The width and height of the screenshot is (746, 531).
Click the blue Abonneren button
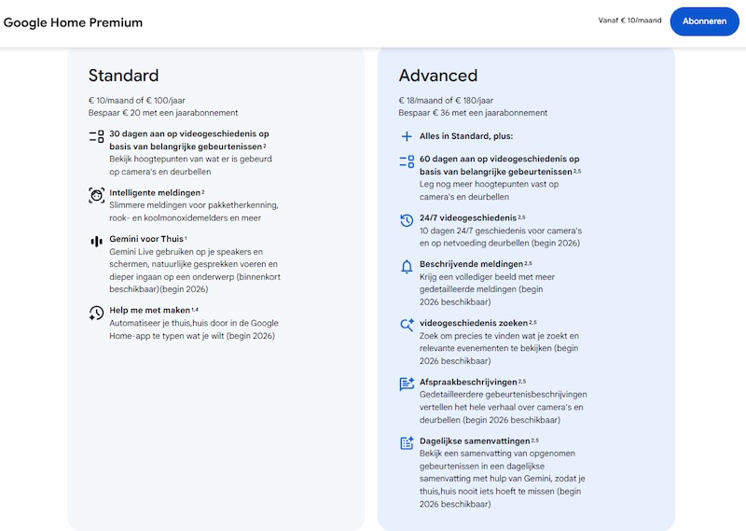coord(704,21)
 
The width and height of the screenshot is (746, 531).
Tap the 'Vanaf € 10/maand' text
coord(629,21)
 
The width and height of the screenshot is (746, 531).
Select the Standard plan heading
coord(123,76)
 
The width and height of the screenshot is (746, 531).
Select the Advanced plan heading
coord(437,76)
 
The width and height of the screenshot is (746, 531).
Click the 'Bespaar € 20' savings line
coord(163,112)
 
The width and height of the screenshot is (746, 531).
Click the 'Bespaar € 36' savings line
coord(473,112)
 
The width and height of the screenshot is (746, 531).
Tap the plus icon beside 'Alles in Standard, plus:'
coord(407,136)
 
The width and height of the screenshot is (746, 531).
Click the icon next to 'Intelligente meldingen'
coord(96,194)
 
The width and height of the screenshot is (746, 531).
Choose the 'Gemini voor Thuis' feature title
coord(145,240)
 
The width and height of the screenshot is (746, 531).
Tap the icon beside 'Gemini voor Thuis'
coord(96,241)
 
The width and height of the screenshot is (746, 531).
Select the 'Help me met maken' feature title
coord(149,310)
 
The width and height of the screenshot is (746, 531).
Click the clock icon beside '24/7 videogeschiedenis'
coord(407,220)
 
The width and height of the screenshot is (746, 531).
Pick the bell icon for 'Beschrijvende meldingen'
coord(407,266)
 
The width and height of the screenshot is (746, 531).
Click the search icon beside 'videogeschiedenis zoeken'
coord(407,324)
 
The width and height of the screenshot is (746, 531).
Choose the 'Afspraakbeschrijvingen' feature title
coord(467,382)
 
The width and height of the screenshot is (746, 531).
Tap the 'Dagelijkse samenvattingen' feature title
coord(474,440)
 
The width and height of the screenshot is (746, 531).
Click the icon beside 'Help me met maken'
coord(96,313)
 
